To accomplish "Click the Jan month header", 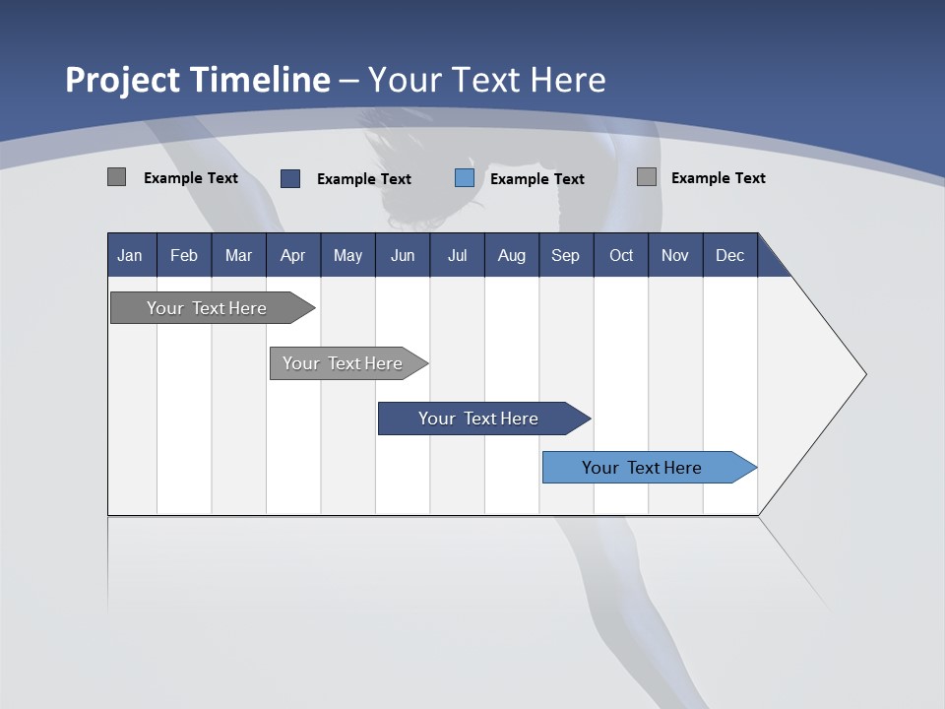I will click(130, 255).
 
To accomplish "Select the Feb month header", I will click(184, 255).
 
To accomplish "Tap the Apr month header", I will click(292, 255).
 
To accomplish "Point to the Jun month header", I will click(403, 255).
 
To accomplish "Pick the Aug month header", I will click(511, 255).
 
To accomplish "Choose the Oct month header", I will click(621, 255).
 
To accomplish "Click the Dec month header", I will click(729, 255).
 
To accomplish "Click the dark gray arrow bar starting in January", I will click(207, 308).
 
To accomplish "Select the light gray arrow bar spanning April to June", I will click(343, 363).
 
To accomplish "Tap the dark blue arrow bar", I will click(478, 419).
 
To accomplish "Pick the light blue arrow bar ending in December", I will click(642, 468).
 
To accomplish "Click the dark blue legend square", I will click(290, 178).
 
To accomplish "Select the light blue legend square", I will click(465, 178).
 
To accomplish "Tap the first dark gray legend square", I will click(116, 177).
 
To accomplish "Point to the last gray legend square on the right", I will click(647, 177).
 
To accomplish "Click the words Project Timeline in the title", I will click(198, 80).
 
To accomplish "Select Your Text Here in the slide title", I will click(487, 80).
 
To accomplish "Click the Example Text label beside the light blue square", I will click(536, 179).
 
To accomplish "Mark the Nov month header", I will click(675, 255).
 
